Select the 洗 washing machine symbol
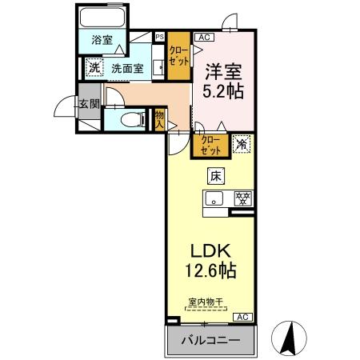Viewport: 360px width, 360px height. pyautogui.click(x=94, y=69)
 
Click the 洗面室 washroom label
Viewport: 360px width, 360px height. pyautogui.click(x=127, y=69)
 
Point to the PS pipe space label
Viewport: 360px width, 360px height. pyautogui.click(x=158, y=36)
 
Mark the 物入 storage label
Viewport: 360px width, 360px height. pyautogui.click(x=159, y=120)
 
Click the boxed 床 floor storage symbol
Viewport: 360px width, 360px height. pyautogui.click(x=217, y=176)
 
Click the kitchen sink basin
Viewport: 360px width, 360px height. pyautogui.click(x=214, y=199)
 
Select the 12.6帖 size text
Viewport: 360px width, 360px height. pyautogui.click(x=210, y=271)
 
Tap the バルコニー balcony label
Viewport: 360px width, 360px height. pyautogui.click(x=209, y=339)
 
